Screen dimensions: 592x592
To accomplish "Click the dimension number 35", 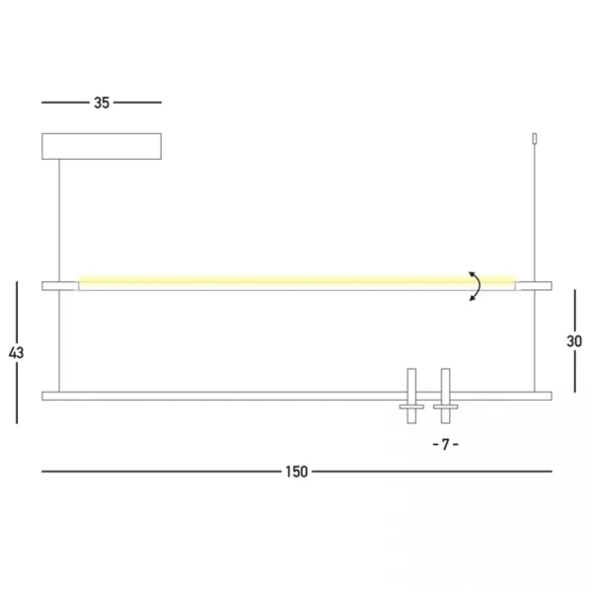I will (102, 102).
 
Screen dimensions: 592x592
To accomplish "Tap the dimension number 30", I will (574, 341).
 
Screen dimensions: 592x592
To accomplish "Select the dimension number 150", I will (296, 472).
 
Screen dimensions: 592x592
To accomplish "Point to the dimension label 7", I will (445, 444).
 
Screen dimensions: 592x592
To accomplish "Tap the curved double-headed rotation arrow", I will (475, 285).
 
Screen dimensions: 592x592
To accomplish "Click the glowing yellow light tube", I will (276, 282).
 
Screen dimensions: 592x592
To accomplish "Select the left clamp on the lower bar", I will (410, 398).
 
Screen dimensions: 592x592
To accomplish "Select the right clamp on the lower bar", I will (446, 398).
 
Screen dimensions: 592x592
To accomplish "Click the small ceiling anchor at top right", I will (535, 139).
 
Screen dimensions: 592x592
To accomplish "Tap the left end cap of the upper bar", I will (59, 285).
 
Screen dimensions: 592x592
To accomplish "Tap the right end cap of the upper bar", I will (535, 285).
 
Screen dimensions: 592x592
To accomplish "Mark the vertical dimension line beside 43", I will (17, 306).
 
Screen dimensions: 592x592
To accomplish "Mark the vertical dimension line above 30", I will (575, 306).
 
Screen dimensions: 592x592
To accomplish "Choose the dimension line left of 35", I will (64, 102).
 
